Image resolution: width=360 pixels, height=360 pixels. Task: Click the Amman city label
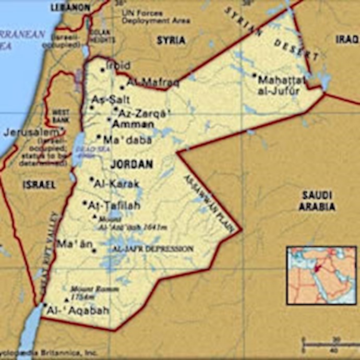click(x=134, y=124)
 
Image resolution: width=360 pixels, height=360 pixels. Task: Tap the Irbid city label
click(x=118, y=66)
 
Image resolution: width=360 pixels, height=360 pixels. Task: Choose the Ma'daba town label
click(x=127, y=140)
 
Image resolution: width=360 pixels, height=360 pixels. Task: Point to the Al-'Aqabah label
click(x=78, y=310)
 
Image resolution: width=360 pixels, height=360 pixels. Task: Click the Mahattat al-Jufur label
click(x=281, y=86)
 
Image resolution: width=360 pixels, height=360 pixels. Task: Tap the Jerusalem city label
click(x=30, y=132)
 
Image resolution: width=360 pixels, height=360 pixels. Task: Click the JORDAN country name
click(x=132, y=164)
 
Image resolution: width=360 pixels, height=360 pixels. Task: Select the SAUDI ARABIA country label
click(x=317, y=201)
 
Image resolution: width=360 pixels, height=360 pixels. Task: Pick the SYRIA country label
click(x=171, y=40)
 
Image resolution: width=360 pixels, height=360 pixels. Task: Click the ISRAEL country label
click(x=39, y=185)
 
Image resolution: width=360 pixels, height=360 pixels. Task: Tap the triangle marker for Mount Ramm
click(x=66, y=299)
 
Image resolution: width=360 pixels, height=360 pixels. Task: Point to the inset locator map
click(x=321, y=275)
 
